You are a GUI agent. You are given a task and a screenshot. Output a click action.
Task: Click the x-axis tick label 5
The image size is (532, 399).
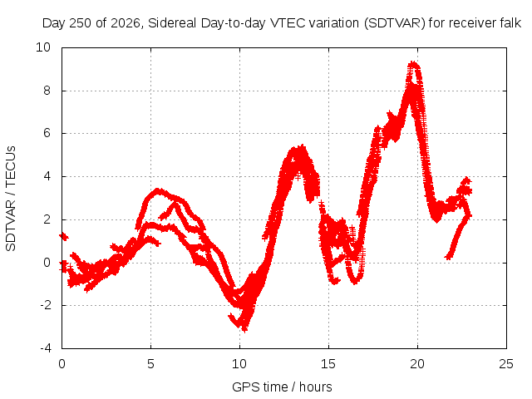[x=150, y=364]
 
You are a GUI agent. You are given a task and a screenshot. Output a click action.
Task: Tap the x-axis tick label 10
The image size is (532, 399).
[x=239, y=364]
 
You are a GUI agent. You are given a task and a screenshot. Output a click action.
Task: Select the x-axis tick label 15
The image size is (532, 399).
[x=328, y=364]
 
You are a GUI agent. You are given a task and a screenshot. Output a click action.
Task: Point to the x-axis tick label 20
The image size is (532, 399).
[x=417, y=364]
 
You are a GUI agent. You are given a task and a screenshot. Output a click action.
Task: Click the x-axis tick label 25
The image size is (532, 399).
[x=506, y=364]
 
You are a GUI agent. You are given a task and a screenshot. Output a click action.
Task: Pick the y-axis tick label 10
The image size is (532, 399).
[x=43, y=47]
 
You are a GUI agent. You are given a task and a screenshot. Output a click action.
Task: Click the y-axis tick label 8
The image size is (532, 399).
[x=47, y=91]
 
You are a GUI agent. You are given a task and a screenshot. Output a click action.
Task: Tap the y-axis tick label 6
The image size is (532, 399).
[x=47, y=133]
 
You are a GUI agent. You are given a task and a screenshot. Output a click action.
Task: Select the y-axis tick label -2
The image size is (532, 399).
[x=45, y=305]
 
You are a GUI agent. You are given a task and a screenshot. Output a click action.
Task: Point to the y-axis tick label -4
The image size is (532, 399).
[x=45, y=348]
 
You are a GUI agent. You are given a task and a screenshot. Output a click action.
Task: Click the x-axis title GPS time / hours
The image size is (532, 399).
[x=282, y=387]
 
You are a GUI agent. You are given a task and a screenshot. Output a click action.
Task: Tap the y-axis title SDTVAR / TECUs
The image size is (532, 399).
[x=11, y=199]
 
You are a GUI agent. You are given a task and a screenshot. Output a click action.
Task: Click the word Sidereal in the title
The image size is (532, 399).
[x=172, y=23]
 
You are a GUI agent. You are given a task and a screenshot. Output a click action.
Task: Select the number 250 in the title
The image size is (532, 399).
[x=81, y=23]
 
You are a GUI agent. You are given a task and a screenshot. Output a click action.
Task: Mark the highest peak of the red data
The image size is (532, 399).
[x=413, y=63]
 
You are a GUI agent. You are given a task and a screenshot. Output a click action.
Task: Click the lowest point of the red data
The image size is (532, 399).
[x=244, y=329]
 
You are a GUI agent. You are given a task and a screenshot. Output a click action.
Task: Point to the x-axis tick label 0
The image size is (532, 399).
[x=62, y=364]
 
